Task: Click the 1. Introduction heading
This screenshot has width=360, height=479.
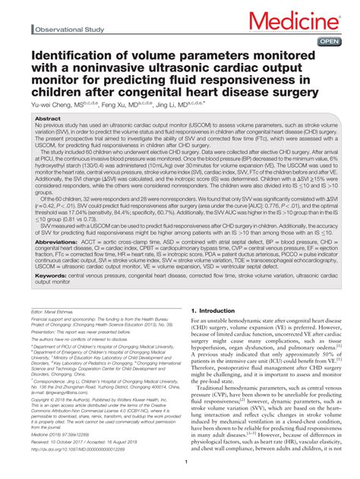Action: click(216, 311)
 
